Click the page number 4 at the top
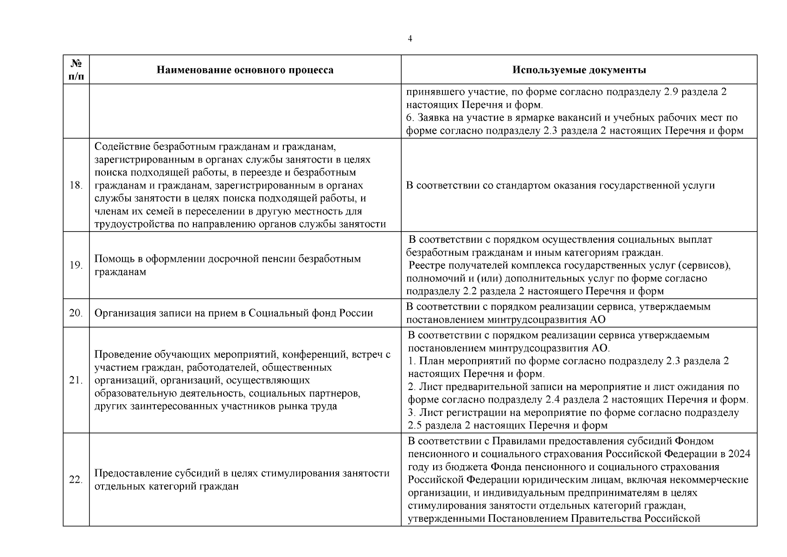[409, 39]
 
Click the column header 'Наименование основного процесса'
[245, 70]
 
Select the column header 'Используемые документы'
[579, 70]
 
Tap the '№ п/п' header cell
[76, 70]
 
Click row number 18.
[76, 186]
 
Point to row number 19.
[76, 266]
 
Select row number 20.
[76, 313]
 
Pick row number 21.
[76, 381]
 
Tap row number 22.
[76, 480]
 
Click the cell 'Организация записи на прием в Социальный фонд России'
[234, 313]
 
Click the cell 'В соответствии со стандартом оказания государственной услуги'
[560, 186]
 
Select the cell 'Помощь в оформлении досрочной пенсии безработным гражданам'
[227, 266]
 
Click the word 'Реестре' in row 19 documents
[426, 266]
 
